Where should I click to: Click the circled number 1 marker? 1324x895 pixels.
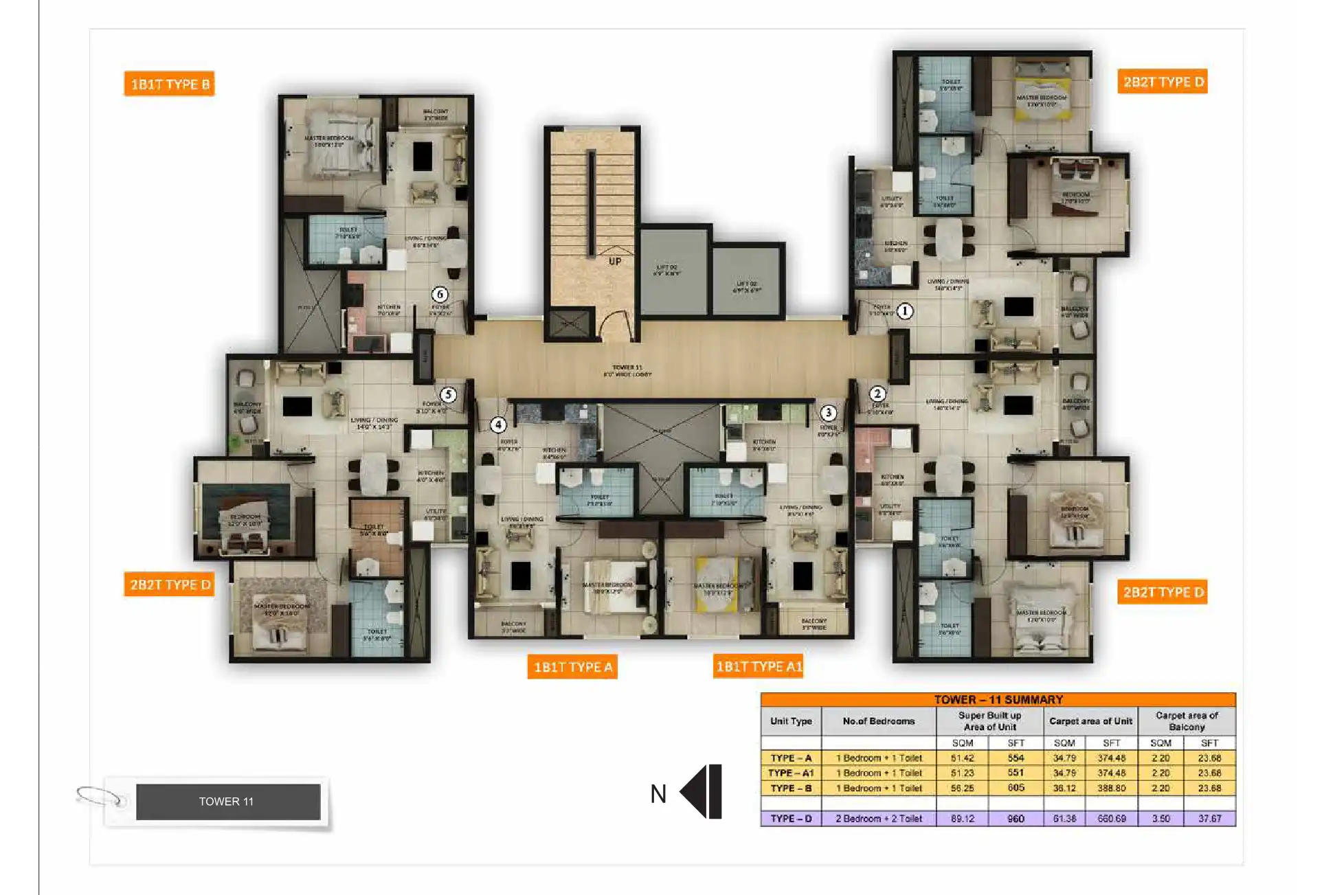pyautogui.click(x=905, y=311)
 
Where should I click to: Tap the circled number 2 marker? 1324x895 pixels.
pyautogui.click(x=877, y=394)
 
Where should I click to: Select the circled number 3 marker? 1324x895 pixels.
pyautogui.click(x=829, y=412)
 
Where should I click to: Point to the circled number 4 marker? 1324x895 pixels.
pyautogui.click(x=498, y=424)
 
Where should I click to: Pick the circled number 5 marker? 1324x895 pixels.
pyautogui.click(x=448, y=394)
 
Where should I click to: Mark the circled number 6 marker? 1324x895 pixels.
pyautogui.click(x=440, y=294)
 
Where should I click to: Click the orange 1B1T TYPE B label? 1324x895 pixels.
pyautogui.click(x=169, y=84)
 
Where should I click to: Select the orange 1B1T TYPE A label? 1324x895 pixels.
pyautogui.click(x=572, y=666)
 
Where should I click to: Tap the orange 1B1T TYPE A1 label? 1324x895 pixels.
pyautogui.click(x=758, y=666)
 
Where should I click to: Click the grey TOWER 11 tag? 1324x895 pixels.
pyautogui.click(x=227, y=802)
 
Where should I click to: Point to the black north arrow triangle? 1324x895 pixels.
pyautogui.click(x=695, y=791)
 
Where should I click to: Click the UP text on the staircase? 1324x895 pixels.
pyautogui.click(x=615, y=261)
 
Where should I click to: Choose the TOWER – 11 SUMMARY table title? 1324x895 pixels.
pyautogui.click(x=998, y=699)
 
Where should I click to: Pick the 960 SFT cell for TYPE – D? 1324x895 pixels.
pyautogui.click(x=1016, y=818)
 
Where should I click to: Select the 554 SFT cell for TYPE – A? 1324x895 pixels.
pyautogui.click(x=1016, y=758)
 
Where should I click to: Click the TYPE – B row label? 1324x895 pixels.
pyautogui.click(x=791, y=788)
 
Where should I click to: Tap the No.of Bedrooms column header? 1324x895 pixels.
pyautogui.click(x=878, y=721)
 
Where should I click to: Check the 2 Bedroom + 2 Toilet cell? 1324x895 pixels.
pyautogui.click(x=878, y=818)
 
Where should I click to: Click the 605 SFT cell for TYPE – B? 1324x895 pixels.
pyautogui.click(x=1016, y=788)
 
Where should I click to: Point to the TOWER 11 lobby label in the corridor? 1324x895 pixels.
pyautogui.click(x=627, y=371)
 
